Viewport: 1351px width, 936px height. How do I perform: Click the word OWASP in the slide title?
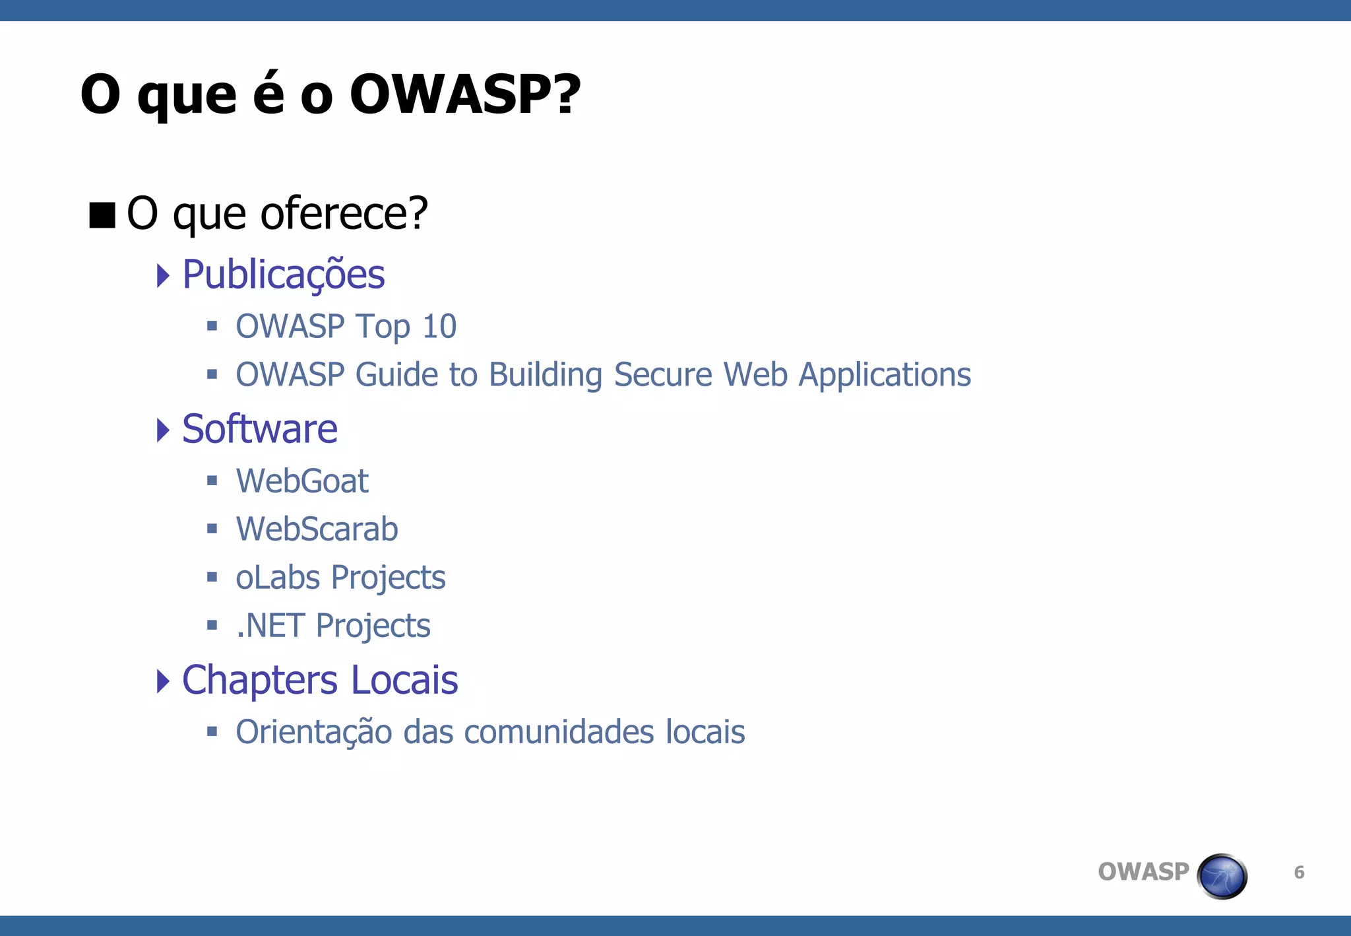[464, 94]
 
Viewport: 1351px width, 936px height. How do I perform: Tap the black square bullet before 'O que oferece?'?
[102, 215]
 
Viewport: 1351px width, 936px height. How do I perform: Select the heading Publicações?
[283, 275]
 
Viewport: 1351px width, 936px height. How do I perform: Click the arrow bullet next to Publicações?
[163, 275]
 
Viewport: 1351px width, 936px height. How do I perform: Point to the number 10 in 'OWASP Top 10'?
[439, 327]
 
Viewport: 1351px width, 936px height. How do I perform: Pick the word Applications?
[885, 375]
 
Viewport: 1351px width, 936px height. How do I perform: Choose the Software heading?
[260, 429]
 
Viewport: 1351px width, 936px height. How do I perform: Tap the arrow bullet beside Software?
[163, 430]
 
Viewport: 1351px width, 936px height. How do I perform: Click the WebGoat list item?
[302, 481]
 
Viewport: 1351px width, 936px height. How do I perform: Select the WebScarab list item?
[317, 529]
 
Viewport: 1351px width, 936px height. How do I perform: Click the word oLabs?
[278, 578]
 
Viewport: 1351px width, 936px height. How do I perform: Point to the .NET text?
[270, 626]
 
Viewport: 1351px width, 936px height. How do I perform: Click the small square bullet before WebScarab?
[212, 529]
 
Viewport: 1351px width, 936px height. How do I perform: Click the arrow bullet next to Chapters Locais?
[163, 681]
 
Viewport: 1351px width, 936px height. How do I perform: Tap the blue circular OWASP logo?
[1222, 876]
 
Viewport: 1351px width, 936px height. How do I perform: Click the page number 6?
[1299, 873]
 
